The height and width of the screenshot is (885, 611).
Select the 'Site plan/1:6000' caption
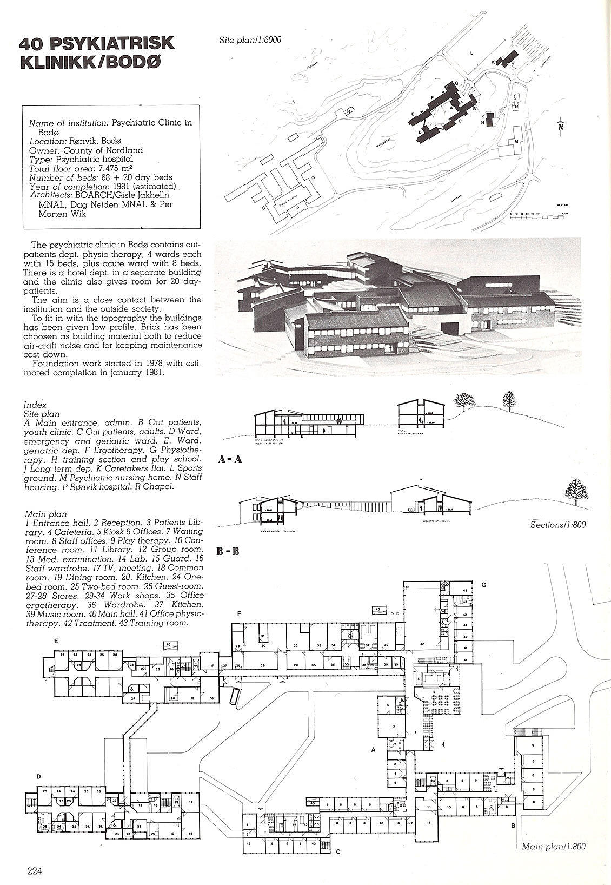click(x=250, y=39)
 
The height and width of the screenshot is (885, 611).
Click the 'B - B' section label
click(x=228, y=552)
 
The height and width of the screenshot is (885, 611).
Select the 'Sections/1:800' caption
click(x=558, y=524)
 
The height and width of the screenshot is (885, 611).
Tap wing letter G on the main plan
click(x=484, y=585)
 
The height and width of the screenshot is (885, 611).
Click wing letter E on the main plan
click(x=55, y=641)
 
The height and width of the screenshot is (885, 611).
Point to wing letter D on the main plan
click(x=38, y=777)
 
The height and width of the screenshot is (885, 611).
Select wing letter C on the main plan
click(x=338, y=853)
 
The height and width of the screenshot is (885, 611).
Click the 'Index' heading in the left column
click(x=35, y=405)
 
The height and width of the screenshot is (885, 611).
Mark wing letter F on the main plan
click(x=238, y=613)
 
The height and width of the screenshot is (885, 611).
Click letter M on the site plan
click(x=517, y=141)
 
